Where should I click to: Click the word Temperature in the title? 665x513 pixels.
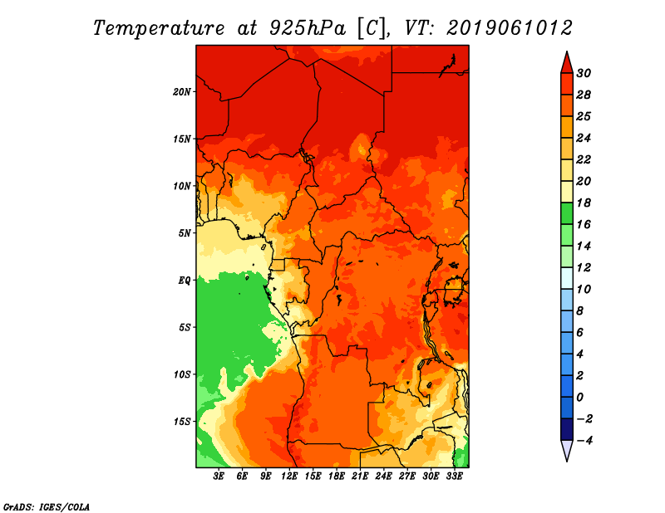(159, 28)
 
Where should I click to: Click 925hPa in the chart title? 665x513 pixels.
(308, 28)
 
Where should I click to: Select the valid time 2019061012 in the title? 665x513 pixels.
(510, 28)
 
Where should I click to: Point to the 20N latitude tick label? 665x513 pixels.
(182, 92)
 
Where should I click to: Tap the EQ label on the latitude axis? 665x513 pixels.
(185, 281)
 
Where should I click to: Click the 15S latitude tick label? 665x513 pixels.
(182, 422)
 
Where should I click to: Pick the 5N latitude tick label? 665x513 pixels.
(185, 233)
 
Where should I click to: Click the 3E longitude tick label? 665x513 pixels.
(219, 476)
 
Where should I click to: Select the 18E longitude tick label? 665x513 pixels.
(337, 476)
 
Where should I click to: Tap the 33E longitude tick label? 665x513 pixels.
(454, 476)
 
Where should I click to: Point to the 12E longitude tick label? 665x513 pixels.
(289, 476)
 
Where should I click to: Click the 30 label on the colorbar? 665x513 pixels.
(584, 73)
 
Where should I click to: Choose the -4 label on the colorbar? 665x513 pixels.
(584, 441)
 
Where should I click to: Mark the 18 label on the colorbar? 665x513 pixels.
(584, 203)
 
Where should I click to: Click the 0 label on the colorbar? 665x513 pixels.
(579, 398)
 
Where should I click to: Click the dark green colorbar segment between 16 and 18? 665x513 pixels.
(567, 213)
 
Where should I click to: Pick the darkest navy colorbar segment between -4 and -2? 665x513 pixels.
(567, 429)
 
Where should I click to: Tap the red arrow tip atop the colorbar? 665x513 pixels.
(567, 52)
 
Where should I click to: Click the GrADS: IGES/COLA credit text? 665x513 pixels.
(47, 506)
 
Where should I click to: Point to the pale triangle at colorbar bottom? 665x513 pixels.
(567, 450)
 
